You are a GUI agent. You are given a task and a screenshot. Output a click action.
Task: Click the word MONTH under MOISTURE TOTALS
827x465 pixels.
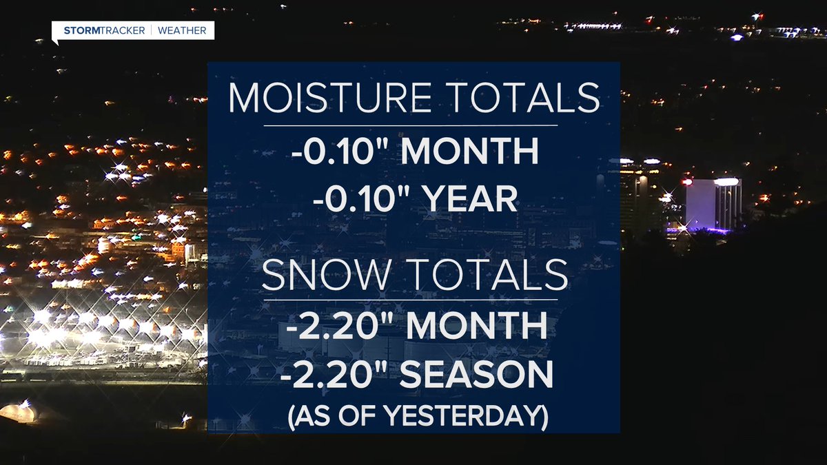tap(471, 153)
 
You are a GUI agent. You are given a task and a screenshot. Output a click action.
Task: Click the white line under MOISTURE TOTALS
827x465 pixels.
tap(410, 125)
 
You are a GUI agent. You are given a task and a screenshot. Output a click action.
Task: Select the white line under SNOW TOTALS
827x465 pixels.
tap(410, 300)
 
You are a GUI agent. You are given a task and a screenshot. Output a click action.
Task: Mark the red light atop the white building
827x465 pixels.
tap(687, 182)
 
